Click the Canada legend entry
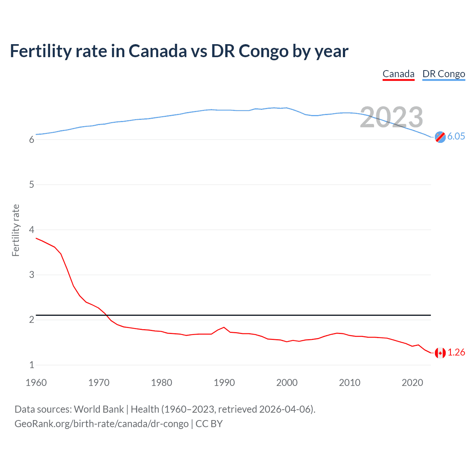tap(398, 74)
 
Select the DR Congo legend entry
tap(443, 74)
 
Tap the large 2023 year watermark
tap(391, 117)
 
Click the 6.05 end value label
tap(456, 136)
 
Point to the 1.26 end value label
tap(456, 352)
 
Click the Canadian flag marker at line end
tap(440, 353)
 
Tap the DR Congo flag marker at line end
tap(440, 137)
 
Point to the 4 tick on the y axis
tap(32, 230)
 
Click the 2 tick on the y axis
tap(32, 320)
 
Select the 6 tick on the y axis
tap(32, 140)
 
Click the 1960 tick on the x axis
tap(36, 383)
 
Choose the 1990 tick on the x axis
tap(224, 383)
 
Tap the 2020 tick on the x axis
tap(412, 383)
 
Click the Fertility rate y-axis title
tap(16, 230)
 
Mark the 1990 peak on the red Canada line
tap(224, 327)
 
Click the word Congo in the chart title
tap(263, 51)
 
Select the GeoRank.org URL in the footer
tap(101, 424)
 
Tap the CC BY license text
tap(209, 424)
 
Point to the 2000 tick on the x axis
tap(287, 383)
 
